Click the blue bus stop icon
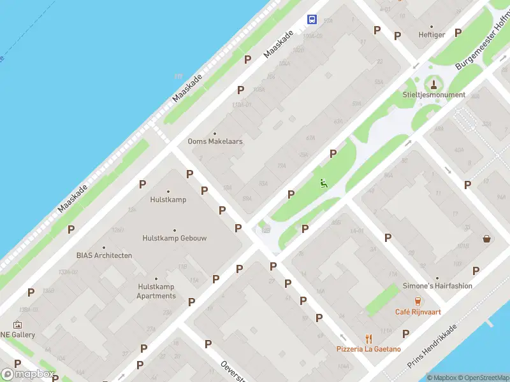[312, 20]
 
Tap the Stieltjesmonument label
[433, 95]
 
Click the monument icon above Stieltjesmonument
[434, 83]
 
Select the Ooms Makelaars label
[215, 141]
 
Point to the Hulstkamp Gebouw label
[174, 238]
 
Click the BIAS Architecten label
[104, 255]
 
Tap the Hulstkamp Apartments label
[156, 292]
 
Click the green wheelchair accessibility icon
[324, 183]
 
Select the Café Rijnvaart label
[418, 312]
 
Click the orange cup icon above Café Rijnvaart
[418, 301]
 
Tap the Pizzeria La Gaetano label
[368, 349]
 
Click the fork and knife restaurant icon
[368, 338]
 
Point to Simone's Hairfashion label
[437, 286]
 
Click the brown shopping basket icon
[487, 239]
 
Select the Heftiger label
[432, 35]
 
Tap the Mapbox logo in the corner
[28, 374]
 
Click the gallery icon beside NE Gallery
[17, 325]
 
